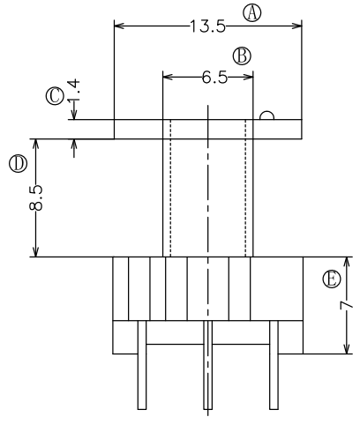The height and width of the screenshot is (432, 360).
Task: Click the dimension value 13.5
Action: point(208,26)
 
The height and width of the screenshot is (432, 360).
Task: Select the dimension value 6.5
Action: point(214,78)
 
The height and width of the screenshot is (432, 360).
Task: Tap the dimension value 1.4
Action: point(74,90)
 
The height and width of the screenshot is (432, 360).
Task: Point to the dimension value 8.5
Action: point(36,197)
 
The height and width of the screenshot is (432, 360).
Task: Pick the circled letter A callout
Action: point(252,13)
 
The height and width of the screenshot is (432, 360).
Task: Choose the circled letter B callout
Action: point(242,56)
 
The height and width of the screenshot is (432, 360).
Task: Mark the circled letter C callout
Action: point(55,96)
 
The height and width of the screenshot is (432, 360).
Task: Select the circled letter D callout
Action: point(19,164)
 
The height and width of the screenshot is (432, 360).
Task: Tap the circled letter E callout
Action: point(332,279)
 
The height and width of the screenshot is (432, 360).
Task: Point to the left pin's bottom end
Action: point(142,409)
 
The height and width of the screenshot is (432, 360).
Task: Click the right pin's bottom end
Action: point(274,409)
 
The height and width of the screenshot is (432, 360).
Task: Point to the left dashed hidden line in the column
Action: point(170,188)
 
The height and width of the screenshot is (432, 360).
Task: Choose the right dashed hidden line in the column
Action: point(245,188)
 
